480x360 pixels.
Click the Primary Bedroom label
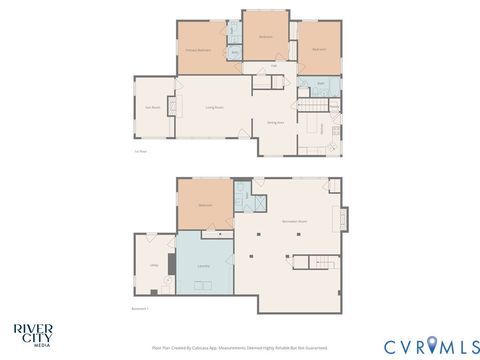pyautogui.click(x=196, y=49)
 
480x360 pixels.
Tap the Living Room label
pyautogui.click(x=214, y=107)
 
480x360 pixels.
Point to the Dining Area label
pyautogui.click(x=275, y=123)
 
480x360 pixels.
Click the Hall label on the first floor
pyautogui.click(x=274, y=66)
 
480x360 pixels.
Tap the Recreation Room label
pyautogui.click(x=294, y=219)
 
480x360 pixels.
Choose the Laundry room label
pyautogui.click(x=203, y=266)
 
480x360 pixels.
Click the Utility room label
pyautogui.click(x=154, y=265)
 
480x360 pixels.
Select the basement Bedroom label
pyautogui.click(x=205, y=205)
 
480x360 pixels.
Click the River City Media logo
pyautogui.click(x=33, y=334)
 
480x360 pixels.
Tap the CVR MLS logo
pyautogui.click(x=424, y=346)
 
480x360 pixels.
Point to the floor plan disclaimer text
pyautogui.click(x=240, y=347)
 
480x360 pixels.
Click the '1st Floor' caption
pyautogui.click(x=141, y=152)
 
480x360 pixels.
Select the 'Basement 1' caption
pyautogui.click(x=140, y=309)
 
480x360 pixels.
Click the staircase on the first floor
pyautogui.click(x=316, y=106)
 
